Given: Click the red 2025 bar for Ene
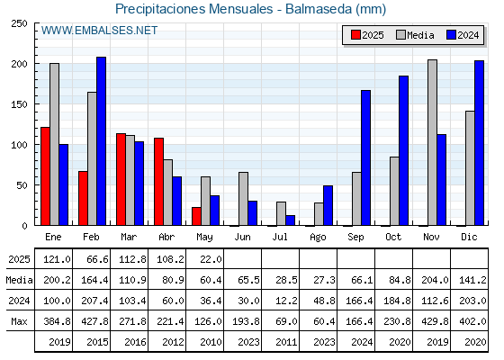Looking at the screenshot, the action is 45,176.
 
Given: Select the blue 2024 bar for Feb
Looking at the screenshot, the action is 101,141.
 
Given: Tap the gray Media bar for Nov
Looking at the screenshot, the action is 432,142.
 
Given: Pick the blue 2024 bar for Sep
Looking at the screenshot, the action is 365,157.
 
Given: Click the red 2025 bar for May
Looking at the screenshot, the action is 196,216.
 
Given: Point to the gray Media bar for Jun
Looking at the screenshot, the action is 243,199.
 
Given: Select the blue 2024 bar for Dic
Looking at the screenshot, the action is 479,143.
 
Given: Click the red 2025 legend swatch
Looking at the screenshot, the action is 355,35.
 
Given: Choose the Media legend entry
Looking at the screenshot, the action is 415,35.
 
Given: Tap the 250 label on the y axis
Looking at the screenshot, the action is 19,23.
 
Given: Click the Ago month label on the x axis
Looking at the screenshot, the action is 318,237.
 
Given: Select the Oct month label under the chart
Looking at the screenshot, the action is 393,237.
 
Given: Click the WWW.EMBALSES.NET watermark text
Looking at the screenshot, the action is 99,31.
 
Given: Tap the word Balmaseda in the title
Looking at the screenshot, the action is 319,9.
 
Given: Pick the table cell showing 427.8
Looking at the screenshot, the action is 95,321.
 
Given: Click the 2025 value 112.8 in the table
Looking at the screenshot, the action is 133,259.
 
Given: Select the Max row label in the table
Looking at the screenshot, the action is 19,321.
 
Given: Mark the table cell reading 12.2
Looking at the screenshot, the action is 287,301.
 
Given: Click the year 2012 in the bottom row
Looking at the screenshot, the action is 173,342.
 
